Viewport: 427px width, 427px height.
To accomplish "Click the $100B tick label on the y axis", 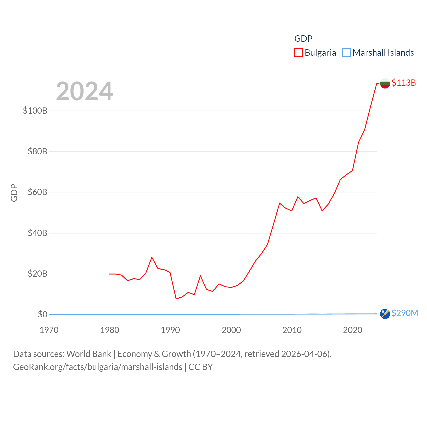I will pyautogui.click(x=35, y=111).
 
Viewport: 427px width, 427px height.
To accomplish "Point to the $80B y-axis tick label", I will pyautogui.click(x=37, y=151).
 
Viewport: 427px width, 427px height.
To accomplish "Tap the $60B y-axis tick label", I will pyautogui.click(x=37, y=192).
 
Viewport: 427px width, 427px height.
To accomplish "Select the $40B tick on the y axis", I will pyautogui.click(x=37, y=233).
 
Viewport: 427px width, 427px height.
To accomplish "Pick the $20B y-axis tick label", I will pyautogui.click(x=37, y=274).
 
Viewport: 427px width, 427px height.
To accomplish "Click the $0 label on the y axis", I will pyautogui.click(x=43, y=314).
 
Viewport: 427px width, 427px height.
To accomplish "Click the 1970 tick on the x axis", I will pyautogui.click(x=49, y=330).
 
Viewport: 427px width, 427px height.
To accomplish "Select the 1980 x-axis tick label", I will pyautogui.click(x=110, y=330).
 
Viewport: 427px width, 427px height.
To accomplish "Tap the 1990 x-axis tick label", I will pyautogui.click(x=170, y=330).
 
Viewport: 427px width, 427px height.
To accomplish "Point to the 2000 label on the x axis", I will pyautogui.click(x=231, y=330).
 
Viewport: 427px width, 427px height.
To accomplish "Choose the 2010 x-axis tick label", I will pyautogui.click(x=292, y=330).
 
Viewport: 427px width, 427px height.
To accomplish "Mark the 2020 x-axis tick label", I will pyautogui.click(x=353, y=330).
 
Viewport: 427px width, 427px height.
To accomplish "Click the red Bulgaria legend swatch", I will pyautogui.click(x=298, y=53).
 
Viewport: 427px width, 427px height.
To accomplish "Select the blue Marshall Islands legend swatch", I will pyautogui.click(x=347, y=53).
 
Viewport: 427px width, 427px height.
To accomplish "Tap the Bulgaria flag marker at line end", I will pyautogui.click(x=385, y=83).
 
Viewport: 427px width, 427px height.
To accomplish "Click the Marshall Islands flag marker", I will pyautogui.click(x=385, y=314).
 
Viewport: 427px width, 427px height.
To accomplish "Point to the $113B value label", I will pyautogui.click(x=404, y=83).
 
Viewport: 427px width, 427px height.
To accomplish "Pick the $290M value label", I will pyautogui.click(x=405, y=313).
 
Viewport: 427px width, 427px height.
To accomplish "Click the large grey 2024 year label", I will pyautogui.click(x=84, y=91).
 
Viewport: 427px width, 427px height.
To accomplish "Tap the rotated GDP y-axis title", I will pyautogui.click(x=14, y=193).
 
